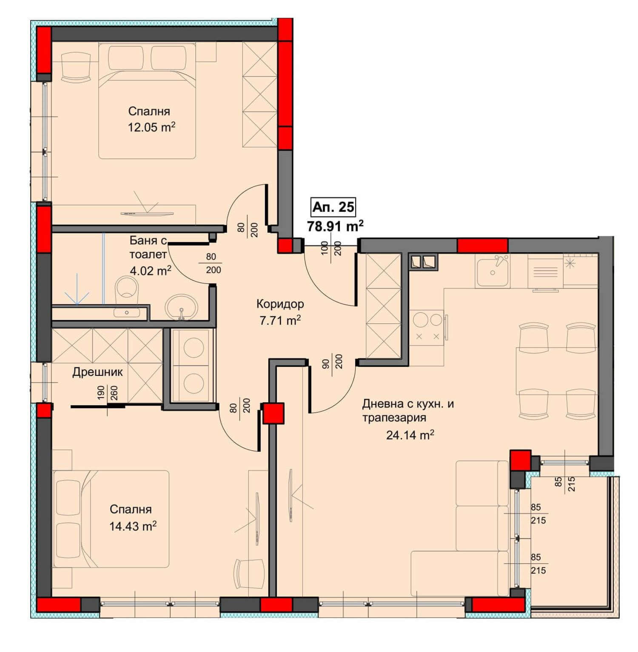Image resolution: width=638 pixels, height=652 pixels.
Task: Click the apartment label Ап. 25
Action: (x=333, y=207)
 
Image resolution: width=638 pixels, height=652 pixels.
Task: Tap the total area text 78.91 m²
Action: (x=335, y=226)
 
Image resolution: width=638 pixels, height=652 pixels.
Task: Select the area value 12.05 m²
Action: (x=152, y=127)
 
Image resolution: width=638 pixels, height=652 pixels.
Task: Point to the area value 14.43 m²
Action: (x=133, y=526)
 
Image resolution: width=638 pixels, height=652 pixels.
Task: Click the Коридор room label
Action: (x=280, y=304)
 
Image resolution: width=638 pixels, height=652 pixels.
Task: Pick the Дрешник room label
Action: (x=97, y=372)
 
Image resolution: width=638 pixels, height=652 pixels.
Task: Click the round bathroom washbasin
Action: (x=181, y=306)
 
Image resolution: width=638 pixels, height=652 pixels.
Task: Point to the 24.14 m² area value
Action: (x=410, y=435)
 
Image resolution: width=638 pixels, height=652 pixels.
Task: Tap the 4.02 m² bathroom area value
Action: (x=151, y=271)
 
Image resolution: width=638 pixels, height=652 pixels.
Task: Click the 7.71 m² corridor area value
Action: (x=280, y=320)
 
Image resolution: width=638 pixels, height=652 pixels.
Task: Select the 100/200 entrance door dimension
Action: (x=332, y=248)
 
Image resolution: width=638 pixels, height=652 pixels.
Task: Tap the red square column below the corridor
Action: (x=273, y=414)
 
